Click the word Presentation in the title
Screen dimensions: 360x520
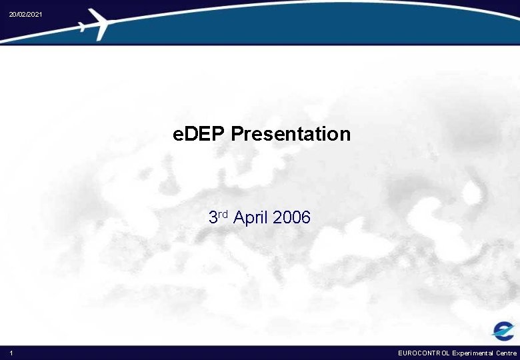291,134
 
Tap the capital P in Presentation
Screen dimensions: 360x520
237,134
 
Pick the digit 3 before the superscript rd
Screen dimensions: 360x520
213,217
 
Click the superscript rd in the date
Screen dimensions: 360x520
223,214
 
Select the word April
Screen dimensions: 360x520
251,218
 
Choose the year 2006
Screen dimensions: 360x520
292,217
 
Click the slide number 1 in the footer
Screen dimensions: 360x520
11,353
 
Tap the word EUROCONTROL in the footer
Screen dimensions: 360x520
424,353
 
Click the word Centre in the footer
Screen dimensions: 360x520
506,353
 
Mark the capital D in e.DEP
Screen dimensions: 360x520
193,134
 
